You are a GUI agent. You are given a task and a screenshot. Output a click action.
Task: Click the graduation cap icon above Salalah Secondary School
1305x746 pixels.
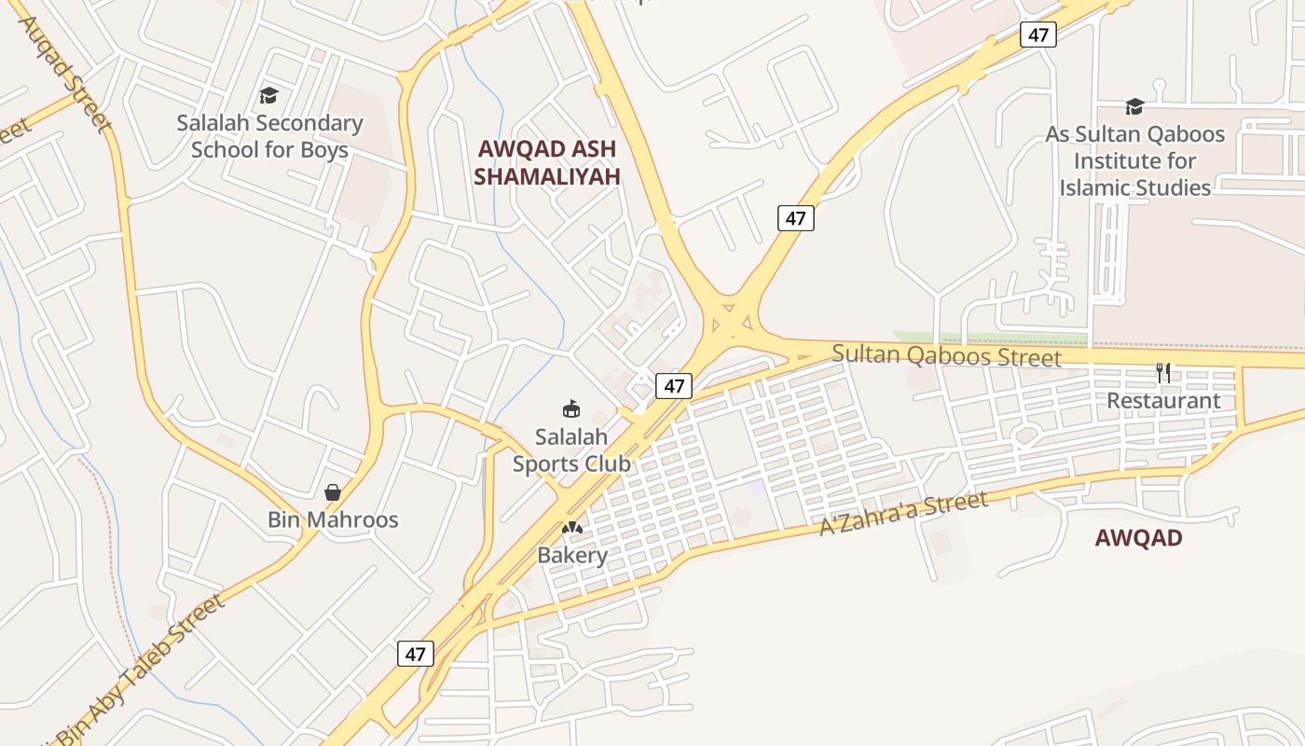click(268, 95)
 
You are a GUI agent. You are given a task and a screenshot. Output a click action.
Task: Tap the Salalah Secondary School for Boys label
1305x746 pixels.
click(269, 136)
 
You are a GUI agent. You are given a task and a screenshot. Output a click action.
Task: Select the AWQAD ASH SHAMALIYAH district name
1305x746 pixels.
click(547, 162)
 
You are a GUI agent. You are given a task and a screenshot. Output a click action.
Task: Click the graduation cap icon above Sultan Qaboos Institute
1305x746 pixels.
click(1134, 107)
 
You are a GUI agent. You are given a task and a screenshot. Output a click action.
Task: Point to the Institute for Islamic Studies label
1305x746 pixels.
click(1134, 160)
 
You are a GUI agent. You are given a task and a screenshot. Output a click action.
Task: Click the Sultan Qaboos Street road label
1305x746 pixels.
click(946, 355)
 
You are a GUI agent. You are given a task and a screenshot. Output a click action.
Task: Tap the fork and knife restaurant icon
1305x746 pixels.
click(1163, 373)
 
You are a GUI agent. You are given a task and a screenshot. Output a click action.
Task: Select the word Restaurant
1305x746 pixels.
click(1163, 401)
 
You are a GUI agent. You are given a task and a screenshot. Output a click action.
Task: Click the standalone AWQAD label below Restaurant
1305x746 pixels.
click(1138, 538)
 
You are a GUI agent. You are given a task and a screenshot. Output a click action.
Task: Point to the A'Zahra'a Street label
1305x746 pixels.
click(902, 514)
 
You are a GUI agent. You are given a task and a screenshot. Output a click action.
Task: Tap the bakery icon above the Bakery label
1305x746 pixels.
click(572, 529)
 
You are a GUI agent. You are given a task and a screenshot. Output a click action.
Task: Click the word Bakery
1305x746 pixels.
click(572, 556)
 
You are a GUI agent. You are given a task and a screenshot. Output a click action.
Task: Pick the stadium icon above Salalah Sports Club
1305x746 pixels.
click(570, 408)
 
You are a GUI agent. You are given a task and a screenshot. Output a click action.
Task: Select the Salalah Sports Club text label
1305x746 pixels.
click(571, 449)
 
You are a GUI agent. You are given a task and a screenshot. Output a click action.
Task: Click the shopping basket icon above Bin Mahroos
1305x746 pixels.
click(333, 492)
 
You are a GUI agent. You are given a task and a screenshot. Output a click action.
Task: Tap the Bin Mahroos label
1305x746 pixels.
click(333, 519)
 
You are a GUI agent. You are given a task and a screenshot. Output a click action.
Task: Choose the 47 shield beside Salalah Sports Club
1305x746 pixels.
click(673, 386)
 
